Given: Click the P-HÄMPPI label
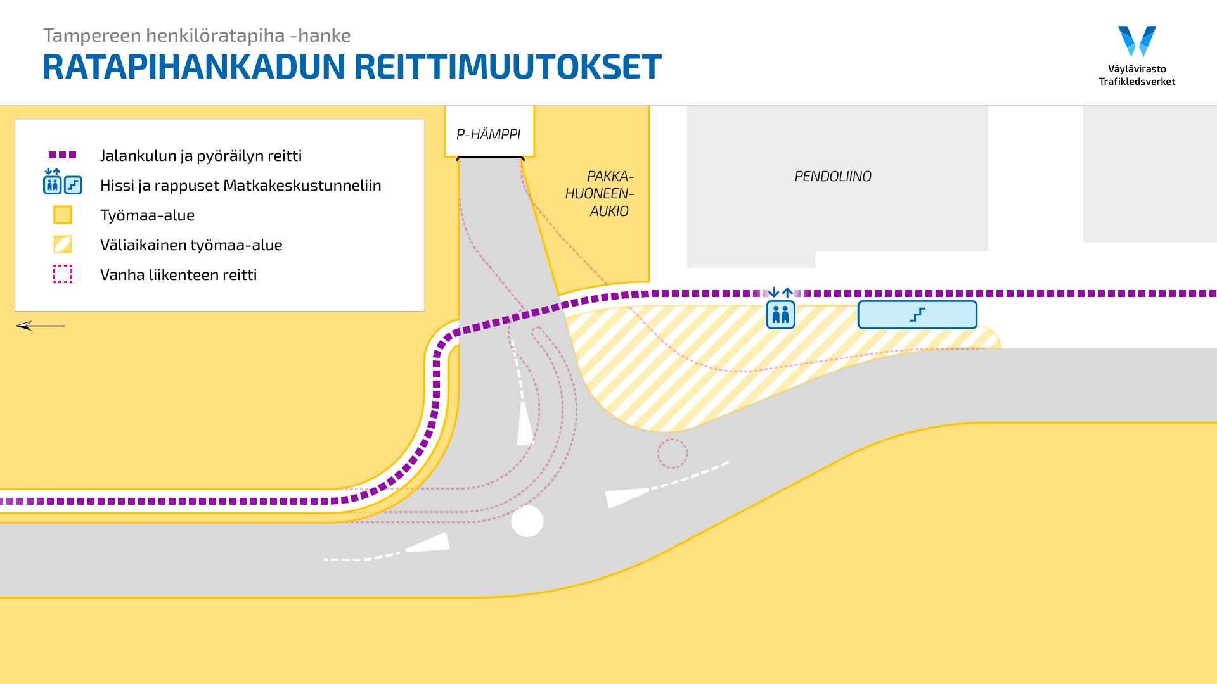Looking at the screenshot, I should (x=488, y=134).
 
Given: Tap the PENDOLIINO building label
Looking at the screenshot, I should (x=832, y=176).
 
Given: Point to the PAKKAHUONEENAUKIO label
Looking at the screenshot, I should (x=600, y=194).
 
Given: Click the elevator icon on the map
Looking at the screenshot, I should (x=780, y=314).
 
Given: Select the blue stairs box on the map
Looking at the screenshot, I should (x=917, y=315).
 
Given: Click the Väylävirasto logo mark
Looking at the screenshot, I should (x=1137, y=41).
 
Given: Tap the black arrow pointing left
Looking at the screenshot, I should (x=39, y=326).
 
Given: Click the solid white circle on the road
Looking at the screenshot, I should (x=527, y=521).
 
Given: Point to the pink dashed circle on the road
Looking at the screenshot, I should (x=672, y=453).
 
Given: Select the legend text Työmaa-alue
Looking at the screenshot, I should (x=147, y=215).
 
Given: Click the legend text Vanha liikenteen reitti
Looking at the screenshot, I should (x=178, y=275).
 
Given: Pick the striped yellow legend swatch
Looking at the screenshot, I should (x=63, y=244).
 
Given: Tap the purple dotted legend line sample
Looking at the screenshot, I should (x=63, y=155).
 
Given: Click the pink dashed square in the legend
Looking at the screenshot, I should (x=63, y=274).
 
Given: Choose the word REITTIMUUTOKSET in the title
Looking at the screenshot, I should (x=507, y=67).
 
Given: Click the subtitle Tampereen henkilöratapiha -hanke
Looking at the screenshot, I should (x=196, y=35).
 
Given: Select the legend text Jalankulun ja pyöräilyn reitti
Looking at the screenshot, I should (x=200, y=156).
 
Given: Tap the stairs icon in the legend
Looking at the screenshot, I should (x=74, y=185).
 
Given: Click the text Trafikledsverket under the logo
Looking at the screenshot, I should (x=1137, y=82).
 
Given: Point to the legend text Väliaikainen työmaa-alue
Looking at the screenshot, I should (x=191, y=245).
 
